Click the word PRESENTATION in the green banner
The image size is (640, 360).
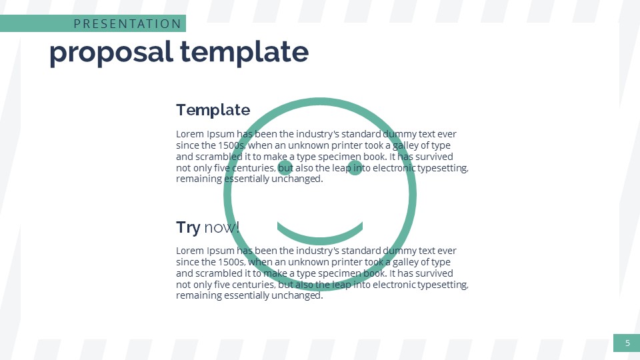pyautogui.click(x=127, y=24)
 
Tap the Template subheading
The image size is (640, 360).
pyautogui.click(x=213, y=110)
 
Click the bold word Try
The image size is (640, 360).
pyautogui.click(x=188, y=227)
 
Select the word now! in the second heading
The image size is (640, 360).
pyautogui.click(x=221, y=227)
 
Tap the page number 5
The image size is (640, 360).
pyautogui.click(x=627, y=343)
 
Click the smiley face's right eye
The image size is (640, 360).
pyautogui.click(x=355, y=167)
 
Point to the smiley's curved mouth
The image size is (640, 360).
pyautogui.click(x=320, y=238)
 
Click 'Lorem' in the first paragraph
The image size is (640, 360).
pyautogui.click(x=190, y=133)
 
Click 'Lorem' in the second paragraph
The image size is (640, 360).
pyautogui.click(x=190, y=251)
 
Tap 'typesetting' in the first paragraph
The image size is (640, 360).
pyautogui.click(x=443, y=168)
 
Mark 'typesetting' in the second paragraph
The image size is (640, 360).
pyautogui.click(x=443, y=285)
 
